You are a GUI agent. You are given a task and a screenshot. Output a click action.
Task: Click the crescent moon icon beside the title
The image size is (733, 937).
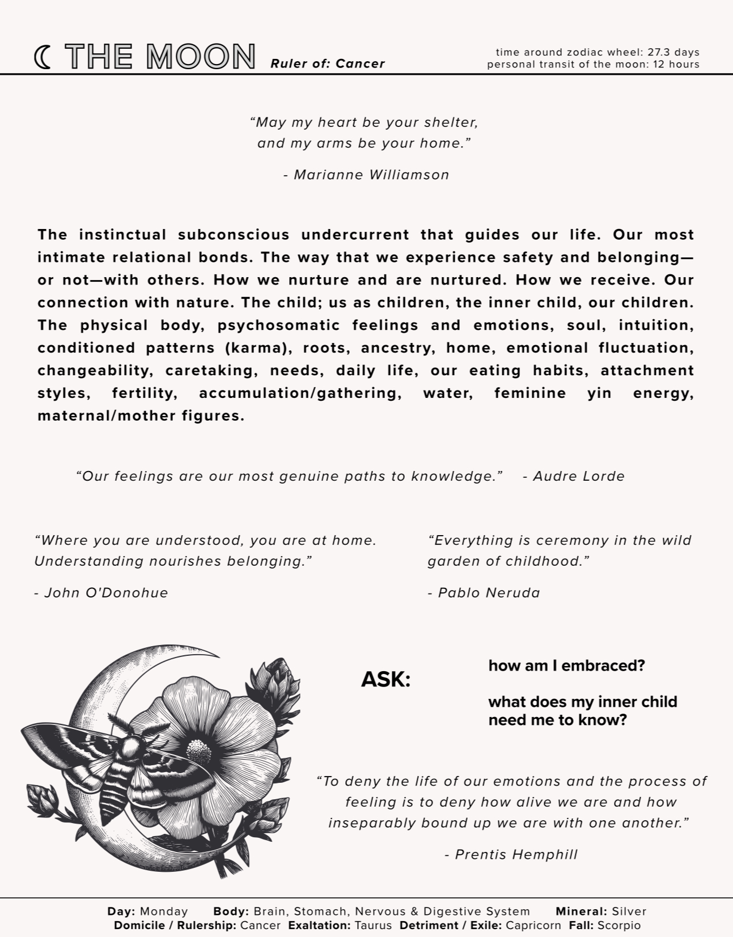click(42, 57)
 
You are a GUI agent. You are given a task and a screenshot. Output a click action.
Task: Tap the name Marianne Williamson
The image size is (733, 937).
click(371, 175)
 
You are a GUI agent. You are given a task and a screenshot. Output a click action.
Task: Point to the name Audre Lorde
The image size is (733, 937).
click(579, 476)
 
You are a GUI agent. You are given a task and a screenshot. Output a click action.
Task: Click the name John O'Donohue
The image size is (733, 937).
click(106, 593)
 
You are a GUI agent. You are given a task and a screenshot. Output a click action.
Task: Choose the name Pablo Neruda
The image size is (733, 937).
click(489, 593)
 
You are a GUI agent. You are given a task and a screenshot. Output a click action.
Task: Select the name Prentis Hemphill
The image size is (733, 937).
click(516, 854)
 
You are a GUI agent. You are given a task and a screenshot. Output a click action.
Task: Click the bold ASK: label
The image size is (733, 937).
click(385, 679)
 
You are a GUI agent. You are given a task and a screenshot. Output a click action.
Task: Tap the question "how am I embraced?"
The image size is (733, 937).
click(566, 665)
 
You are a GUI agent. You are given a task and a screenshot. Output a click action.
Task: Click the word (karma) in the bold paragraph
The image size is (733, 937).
click(255, 347)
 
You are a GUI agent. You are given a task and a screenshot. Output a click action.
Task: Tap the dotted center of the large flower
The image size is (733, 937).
click(198, 752)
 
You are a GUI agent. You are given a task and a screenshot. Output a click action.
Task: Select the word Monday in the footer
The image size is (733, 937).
click(163, 911)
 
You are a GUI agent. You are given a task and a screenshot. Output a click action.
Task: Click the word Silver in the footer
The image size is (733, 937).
click(629, 911)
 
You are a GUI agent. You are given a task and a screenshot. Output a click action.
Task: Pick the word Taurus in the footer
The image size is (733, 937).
click(372, 926)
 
